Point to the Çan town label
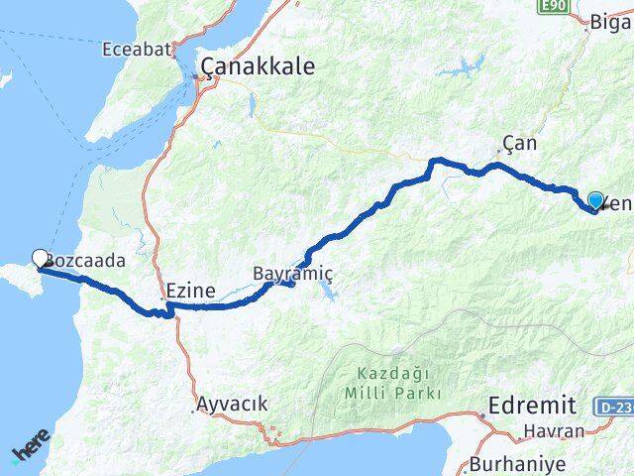[x=519, y=143]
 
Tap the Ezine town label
[x=187, y=293]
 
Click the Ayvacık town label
[x=232, y=404]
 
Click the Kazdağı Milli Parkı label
[x=396, y=384]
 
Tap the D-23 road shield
[x=615, y=407]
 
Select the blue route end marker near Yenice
[x=595, y=200]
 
